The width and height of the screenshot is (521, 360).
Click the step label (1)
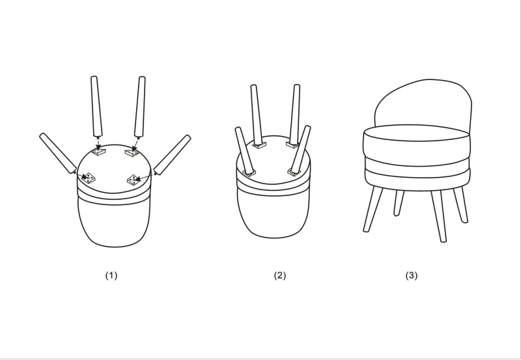click(x=111, y=275)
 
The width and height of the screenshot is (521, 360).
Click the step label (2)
click(x=280, y=275)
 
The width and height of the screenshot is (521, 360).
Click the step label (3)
click(x=412, y=275)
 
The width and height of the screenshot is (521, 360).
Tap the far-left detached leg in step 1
click(x=58, y=154)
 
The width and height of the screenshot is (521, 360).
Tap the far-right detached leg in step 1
click(x=172, y=155)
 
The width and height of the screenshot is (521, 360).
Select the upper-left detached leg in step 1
click(x=96, y=107)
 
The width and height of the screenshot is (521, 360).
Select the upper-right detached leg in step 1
click(x=140, y=107)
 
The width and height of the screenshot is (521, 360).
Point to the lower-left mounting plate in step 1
click(x=89, y=178)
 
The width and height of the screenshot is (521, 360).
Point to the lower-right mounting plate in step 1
click(x=134, y=180)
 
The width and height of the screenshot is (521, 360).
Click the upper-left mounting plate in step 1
click(x=98, y=152)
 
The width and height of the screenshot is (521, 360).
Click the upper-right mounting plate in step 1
click(x=132, y=152)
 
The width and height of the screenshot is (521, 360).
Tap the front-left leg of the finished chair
click(x=373, y=209)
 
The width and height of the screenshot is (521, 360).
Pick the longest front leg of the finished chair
click(x=439, y=217)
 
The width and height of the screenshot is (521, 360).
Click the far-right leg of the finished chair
click(x=460, y=205)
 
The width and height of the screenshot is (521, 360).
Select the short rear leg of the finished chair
click(x=399, y=203)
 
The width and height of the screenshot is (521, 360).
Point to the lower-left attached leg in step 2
click(x=245, y=151)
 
